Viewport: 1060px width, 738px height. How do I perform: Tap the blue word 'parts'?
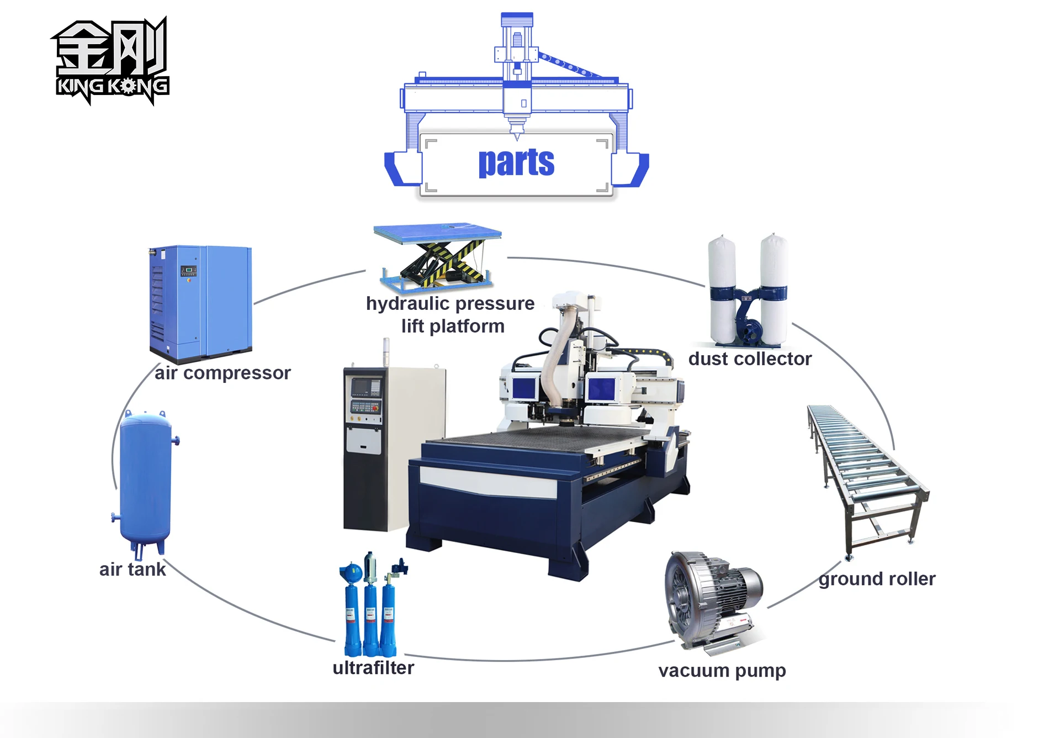(x=516, y=162)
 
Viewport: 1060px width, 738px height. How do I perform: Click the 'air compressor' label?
(x=222, y=373)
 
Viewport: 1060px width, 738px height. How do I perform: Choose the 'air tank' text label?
(x=132, y=569)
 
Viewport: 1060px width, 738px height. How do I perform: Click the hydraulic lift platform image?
(x=438, y=256)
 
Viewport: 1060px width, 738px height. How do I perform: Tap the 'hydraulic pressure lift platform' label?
(x=451, y=314)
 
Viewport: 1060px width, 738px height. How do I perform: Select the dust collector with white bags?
(x=748, y=290)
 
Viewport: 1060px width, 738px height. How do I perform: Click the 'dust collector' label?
(x=750, y=359)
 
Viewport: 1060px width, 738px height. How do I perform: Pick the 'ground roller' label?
(x=877, y=579)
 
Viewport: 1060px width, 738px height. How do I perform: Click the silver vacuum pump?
(x=712, y=599)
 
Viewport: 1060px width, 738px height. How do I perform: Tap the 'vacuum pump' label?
(x=722, y=671)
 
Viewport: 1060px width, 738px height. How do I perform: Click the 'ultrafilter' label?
(x=373, y=668)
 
